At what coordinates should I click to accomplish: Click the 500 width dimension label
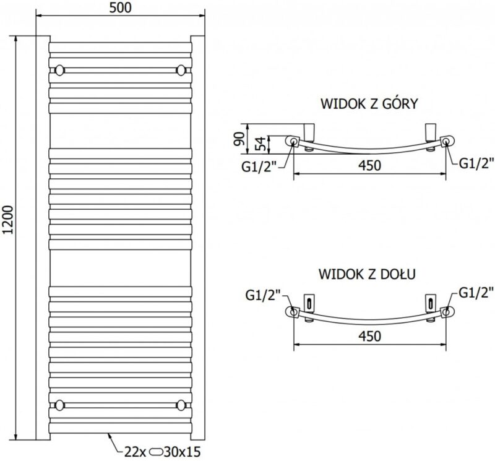tap(121, 8)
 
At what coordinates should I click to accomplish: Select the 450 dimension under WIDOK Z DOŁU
tap(368, 335)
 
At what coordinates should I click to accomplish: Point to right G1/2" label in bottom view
tap(476, 293)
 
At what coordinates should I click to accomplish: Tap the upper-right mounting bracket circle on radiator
tap(181, 69)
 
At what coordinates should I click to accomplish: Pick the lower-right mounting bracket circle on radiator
tap(181, 405)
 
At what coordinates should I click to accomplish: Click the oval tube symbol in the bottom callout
tap(156, 452)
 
